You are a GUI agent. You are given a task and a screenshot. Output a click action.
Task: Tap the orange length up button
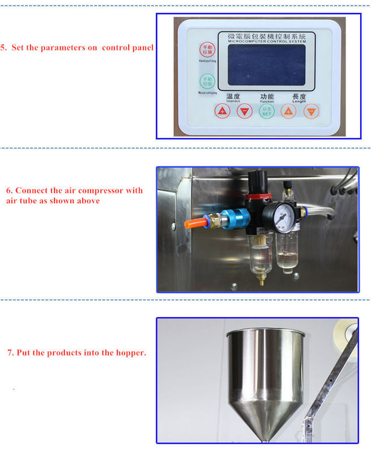click(x=288, y=112)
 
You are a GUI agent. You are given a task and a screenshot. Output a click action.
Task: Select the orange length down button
click(x=310, y=112)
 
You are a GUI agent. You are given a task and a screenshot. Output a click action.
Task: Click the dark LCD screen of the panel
click(x=266, y=64)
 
